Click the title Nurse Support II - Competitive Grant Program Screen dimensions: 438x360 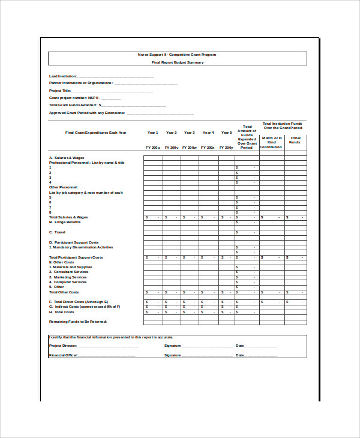(177, 55)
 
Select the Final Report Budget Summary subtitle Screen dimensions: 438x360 (177, 62)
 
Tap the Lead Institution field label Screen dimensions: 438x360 (62, 76)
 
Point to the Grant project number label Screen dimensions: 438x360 (74, 97)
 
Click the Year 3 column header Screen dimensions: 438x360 (189, 133)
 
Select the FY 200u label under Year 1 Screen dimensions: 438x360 (152, 147)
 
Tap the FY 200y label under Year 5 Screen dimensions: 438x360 (226, 147)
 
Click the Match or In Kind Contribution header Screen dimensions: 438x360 (271, 142)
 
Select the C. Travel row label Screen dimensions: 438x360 (57, 232)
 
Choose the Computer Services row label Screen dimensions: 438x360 (70, 282)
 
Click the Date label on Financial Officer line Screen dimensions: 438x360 (240, 355)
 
